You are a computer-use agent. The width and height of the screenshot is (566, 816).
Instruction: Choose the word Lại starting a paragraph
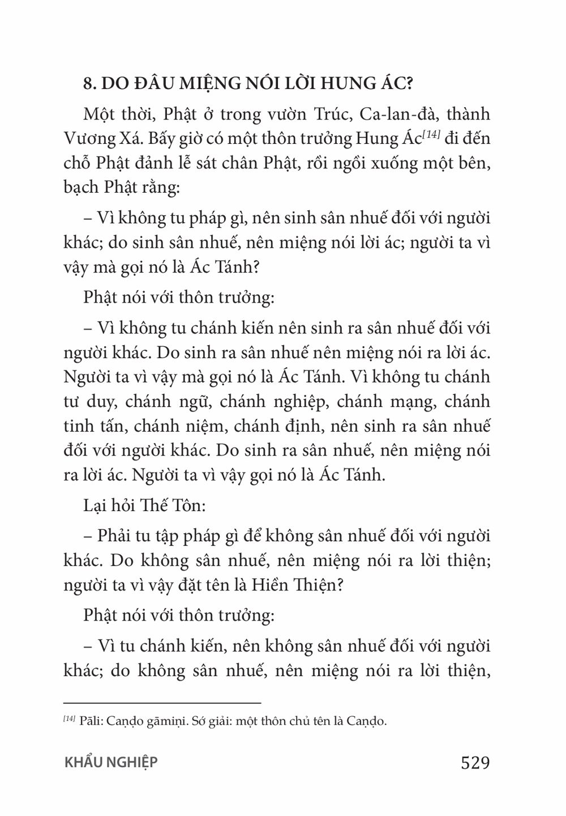point(96,505)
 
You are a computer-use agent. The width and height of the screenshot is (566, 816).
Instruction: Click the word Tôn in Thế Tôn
point(185,505)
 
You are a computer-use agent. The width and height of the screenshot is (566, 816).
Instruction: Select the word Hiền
point(269,584)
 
